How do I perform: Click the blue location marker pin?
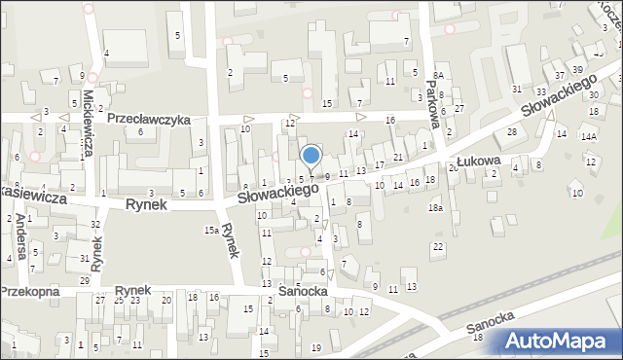(311, 156)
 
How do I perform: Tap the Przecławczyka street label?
(148, 119)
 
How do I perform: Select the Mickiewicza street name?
(88, 126)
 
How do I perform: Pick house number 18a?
(435, 208)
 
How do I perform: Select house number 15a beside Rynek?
(210, 230)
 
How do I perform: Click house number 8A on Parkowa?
(439, 75)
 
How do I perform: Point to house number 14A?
(589, 137)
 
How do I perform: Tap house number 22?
(438, 246)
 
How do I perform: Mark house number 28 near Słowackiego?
(510, 131)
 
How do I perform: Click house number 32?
(94, 225)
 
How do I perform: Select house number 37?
(558, 75)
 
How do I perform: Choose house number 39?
(577, 69)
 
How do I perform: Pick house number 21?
(398, 157)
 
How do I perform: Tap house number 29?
(85, 280)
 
